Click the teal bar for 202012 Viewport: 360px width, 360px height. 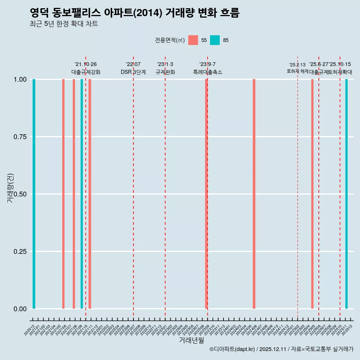click(34, 194)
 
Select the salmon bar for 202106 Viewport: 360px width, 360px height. click(63, 194)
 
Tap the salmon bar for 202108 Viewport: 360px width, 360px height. click(74, 194)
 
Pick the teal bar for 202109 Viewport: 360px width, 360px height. click(82, 194)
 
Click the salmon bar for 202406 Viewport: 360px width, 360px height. click(254, 194)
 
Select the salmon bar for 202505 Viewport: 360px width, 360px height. click(312, 194)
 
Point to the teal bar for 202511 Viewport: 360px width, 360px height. click(346, 194)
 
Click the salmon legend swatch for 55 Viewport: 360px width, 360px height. click(193, 40)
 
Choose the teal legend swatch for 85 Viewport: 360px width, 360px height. click(215, 40)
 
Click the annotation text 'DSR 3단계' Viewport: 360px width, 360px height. click(133, 72)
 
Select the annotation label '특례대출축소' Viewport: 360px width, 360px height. click(207, 72)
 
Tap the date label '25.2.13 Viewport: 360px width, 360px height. click(297, 64)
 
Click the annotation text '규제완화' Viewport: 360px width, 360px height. click(165, 72)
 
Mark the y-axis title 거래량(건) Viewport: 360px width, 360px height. click(10, 188)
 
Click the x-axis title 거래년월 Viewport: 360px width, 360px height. click(191, 340)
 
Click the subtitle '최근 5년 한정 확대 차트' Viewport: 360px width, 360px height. click(64, 24)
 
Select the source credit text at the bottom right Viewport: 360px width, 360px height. click(281, 349)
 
